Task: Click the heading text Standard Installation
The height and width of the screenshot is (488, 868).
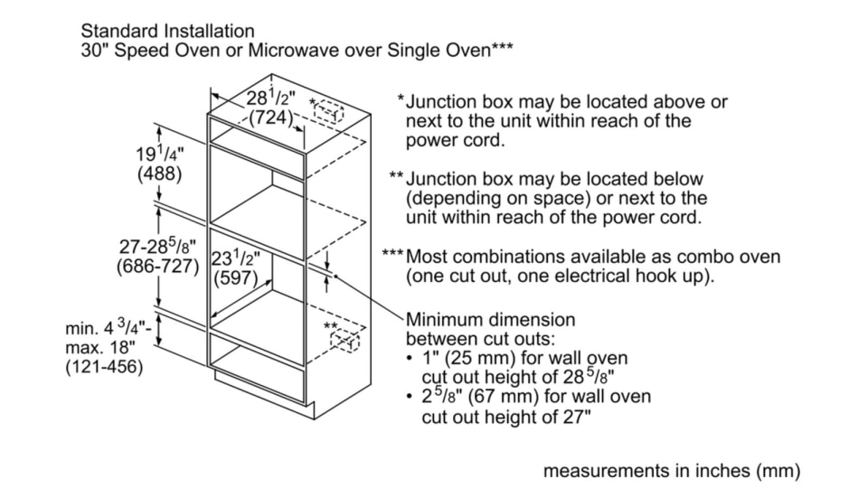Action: coord(167,33)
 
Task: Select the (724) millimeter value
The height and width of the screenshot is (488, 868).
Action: coord(270,117)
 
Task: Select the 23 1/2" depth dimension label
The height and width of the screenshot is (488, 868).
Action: coord(236,258)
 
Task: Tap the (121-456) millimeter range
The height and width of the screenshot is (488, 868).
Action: coord(104,368)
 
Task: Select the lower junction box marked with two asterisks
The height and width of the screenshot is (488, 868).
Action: coord(344,341)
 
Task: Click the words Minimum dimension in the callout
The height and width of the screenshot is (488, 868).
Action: coord(490,320)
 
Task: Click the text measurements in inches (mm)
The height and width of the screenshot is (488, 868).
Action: coord(671,471)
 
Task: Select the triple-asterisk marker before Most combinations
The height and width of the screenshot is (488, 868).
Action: coord(392,257)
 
